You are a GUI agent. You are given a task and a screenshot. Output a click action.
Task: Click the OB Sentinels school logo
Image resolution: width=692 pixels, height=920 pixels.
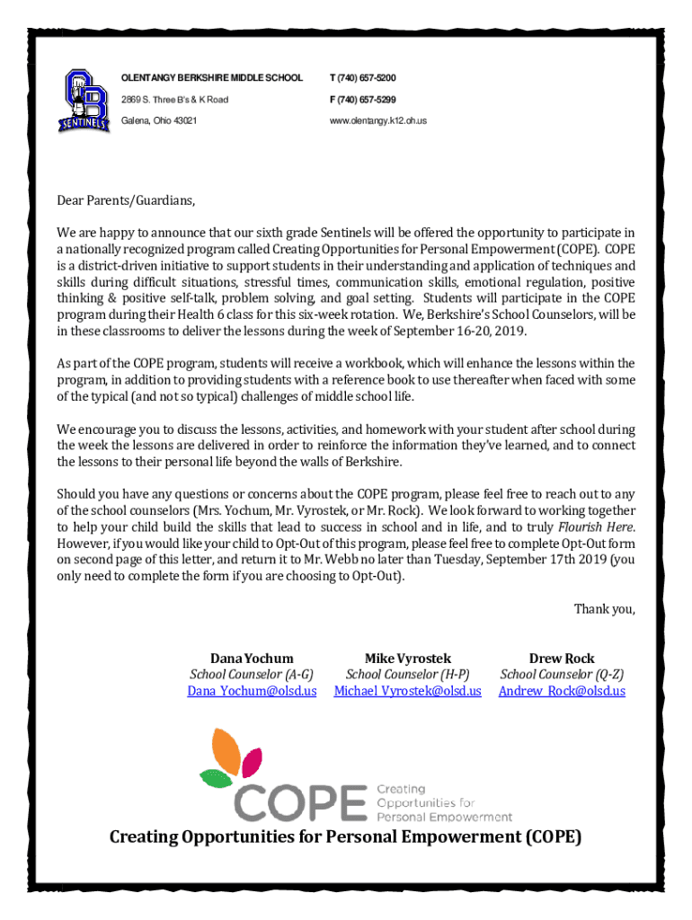84,98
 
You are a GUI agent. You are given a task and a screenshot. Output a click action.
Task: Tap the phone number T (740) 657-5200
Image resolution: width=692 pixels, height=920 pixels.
363,78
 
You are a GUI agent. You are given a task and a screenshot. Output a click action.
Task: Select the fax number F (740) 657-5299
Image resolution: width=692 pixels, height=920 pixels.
363,99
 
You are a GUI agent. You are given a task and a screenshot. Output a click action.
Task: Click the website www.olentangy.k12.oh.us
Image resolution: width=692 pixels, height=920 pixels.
377,120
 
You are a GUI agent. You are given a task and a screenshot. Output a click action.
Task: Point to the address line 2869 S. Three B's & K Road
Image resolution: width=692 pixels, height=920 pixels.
174,99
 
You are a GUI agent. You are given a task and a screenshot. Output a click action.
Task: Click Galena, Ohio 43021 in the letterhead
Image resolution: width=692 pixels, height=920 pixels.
159,120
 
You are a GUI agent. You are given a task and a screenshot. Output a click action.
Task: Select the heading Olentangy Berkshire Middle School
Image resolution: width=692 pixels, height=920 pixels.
212,78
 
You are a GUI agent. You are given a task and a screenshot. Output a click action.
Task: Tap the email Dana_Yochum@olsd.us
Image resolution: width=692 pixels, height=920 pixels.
252,691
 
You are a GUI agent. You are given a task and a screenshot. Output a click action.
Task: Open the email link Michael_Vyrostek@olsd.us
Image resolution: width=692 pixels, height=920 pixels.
407,691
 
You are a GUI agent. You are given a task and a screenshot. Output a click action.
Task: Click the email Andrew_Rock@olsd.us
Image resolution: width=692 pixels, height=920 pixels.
562,691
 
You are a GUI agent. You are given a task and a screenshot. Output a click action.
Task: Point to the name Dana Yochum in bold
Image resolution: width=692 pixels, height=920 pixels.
252,659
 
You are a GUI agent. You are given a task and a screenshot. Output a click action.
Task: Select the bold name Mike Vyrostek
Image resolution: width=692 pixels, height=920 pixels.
408,659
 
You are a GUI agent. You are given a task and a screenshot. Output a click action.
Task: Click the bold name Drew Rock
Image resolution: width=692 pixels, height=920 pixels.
562,659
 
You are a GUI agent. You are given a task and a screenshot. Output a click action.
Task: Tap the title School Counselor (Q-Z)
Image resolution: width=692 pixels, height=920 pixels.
562,675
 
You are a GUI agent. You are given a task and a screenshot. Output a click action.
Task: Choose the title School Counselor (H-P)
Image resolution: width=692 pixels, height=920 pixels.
408,675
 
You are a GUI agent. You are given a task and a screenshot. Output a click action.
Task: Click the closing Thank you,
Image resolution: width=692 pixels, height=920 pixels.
604,610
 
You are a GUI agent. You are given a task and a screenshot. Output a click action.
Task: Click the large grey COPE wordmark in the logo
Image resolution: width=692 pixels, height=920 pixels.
301,801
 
